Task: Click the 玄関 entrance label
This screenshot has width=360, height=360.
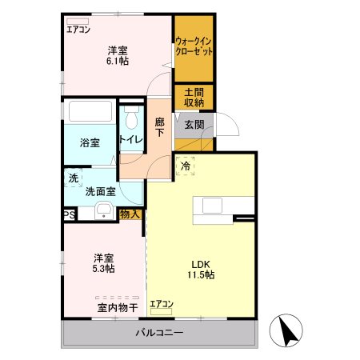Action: [194, 125]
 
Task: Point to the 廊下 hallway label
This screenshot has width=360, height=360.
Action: [160, 126]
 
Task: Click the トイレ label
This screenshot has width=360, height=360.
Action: [131, 140]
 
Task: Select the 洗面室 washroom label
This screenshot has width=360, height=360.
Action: [101, 191]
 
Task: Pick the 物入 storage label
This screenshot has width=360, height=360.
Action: [130, 214]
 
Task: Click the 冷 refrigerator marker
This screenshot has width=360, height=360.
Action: [186, 167]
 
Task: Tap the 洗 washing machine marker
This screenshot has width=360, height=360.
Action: [74, 178]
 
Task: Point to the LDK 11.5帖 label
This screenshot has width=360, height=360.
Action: [200, 270]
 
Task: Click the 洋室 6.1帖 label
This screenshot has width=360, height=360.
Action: [118, 57]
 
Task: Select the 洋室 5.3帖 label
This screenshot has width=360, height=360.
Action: [103, 263]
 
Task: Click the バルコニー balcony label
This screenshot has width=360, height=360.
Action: [159, 332]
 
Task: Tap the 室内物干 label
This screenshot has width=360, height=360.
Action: [118, 307]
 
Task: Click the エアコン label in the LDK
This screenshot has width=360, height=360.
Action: [161, 303]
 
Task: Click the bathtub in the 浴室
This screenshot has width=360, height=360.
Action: [90, 113]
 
